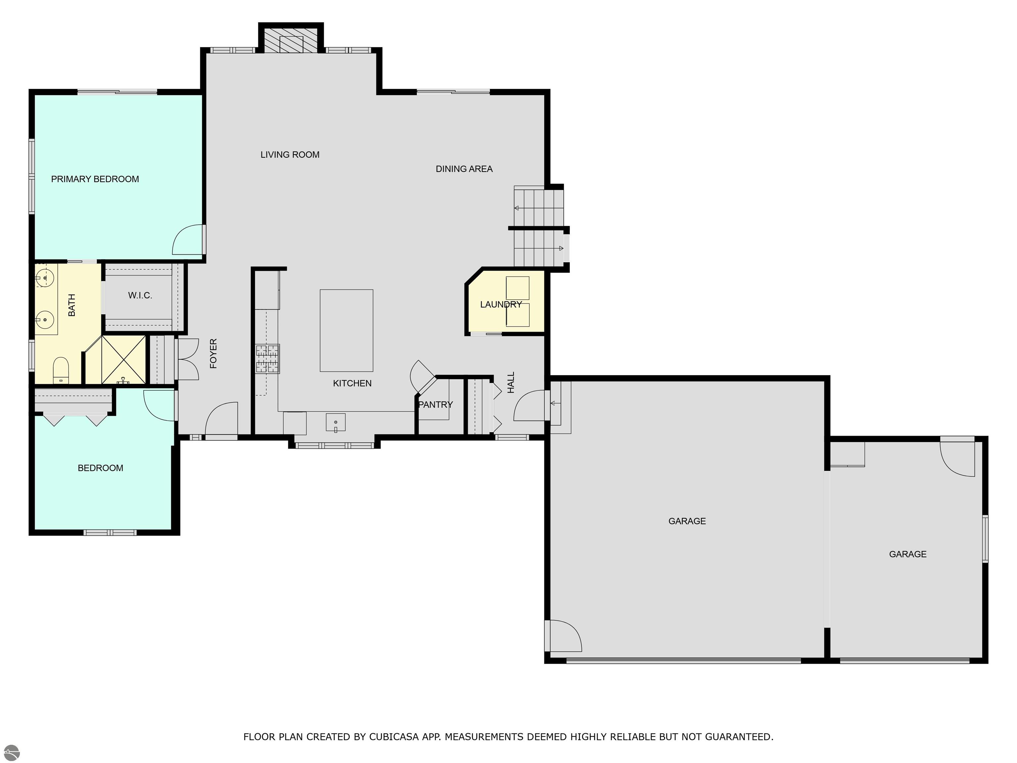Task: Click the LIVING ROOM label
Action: pos(290,155)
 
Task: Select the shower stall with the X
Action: pos(123,360)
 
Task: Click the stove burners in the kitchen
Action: pos(267,359)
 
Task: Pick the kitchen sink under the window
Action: pos(336,422)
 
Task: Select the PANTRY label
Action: pos(435,405)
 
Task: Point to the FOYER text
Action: pos(213,353)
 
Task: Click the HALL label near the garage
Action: pos(511,382)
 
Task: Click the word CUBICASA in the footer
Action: pos(394,737)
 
